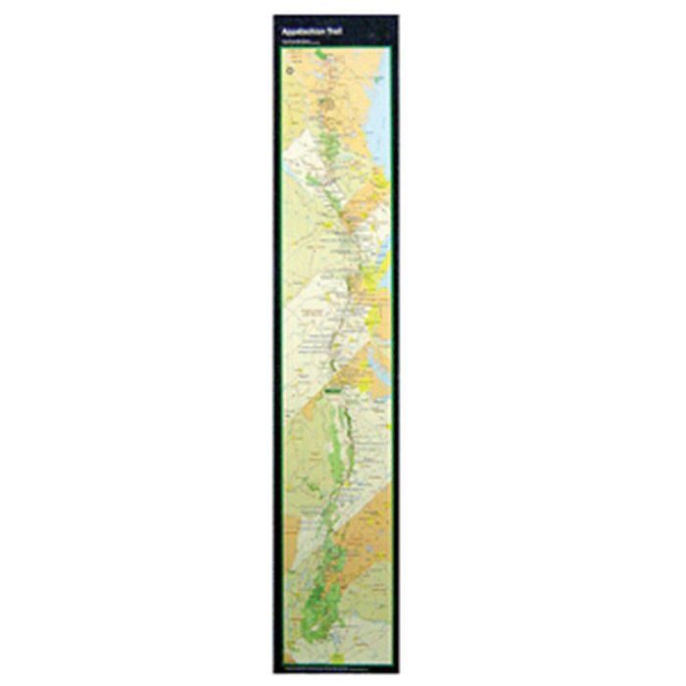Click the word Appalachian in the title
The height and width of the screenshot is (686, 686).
(x=297, y=30)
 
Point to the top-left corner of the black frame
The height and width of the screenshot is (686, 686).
(x=275, y=16)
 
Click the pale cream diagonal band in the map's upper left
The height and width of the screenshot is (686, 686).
(x=304, y=157)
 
